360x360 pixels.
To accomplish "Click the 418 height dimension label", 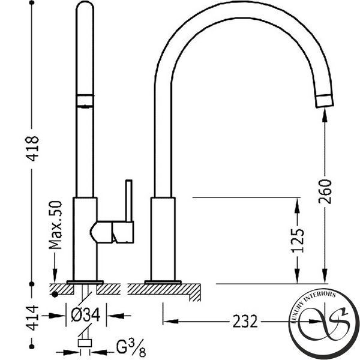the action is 32,149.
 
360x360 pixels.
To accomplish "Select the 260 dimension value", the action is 325,192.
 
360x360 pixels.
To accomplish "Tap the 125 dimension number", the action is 298,241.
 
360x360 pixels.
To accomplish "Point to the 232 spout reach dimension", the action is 245,322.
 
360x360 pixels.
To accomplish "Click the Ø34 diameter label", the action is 86,315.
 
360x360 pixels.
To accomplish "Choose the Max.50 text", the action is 55,225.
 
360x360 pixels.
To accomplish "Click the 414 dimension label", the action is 32,318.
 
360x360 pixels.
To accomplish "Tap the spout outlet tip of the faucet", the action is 325,101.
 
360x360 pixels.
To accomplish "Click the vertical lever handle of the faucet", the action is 129,201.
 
